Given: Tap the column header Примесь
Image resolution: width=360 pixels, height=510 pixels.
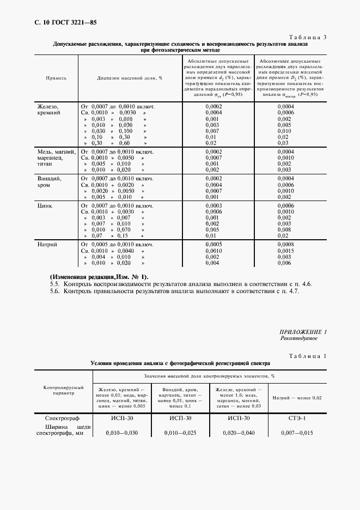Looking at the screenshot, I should coord(57,78).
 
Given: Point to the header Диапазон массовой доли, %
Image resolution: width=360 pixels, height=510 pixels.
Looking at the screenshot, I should coord(130,78).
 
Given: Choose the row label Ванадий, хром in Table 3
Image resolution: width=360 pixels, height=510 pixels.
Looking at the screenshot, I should coord(49,181).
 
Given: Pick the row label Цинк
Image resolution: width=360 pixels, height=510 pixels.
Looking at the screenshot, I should coord(44,206).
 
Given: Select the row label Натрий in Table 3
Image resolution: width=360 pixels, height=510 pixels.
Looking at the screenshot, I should coord(47,245).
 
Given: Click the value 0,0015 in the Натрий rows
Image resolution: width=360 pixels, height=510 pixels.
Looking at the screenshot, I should coord(285,251).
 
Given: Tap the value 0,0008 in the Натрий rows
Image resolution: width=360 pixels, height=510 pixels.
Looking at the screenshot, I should coord(285,245).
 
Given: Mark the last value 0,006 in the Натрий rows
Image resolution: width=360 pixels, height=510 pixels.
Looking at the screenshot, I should coord(285,263).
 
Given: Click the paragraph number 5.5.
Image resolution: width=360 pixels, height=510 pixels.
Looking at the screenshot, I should coord(54,284).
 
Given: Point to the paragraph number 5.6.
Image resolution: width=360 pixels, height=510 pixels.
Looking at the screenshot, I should coord(54,292).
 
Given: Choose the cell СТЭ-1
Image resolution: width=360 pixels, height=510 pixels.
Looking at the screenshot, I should coord(296,418).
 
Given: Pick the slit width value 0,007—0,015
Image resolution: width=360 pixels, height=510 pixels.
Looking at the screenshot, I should coord(296,433).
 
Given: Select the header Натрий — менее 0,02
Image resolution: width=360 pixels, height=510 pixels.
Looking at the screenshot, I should coord(297,398).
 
